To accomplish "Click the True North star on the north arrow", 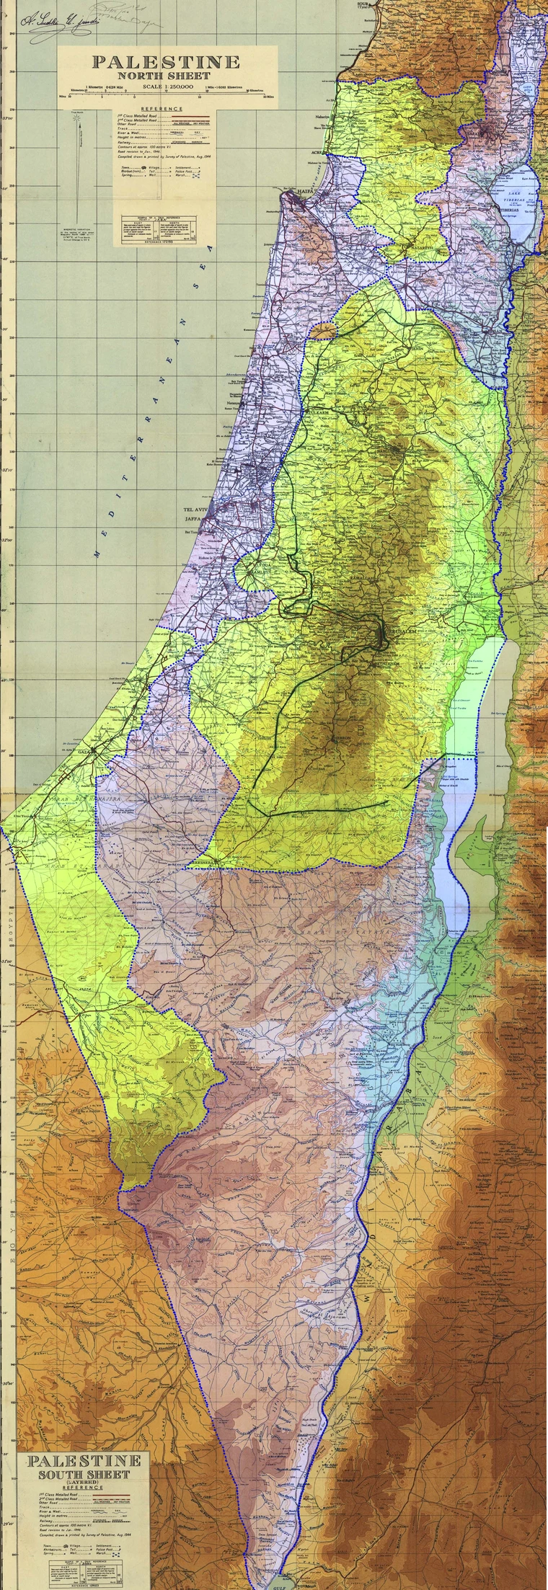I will (75, 114).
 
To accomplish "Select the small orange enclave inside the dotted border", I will (324, 331).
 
